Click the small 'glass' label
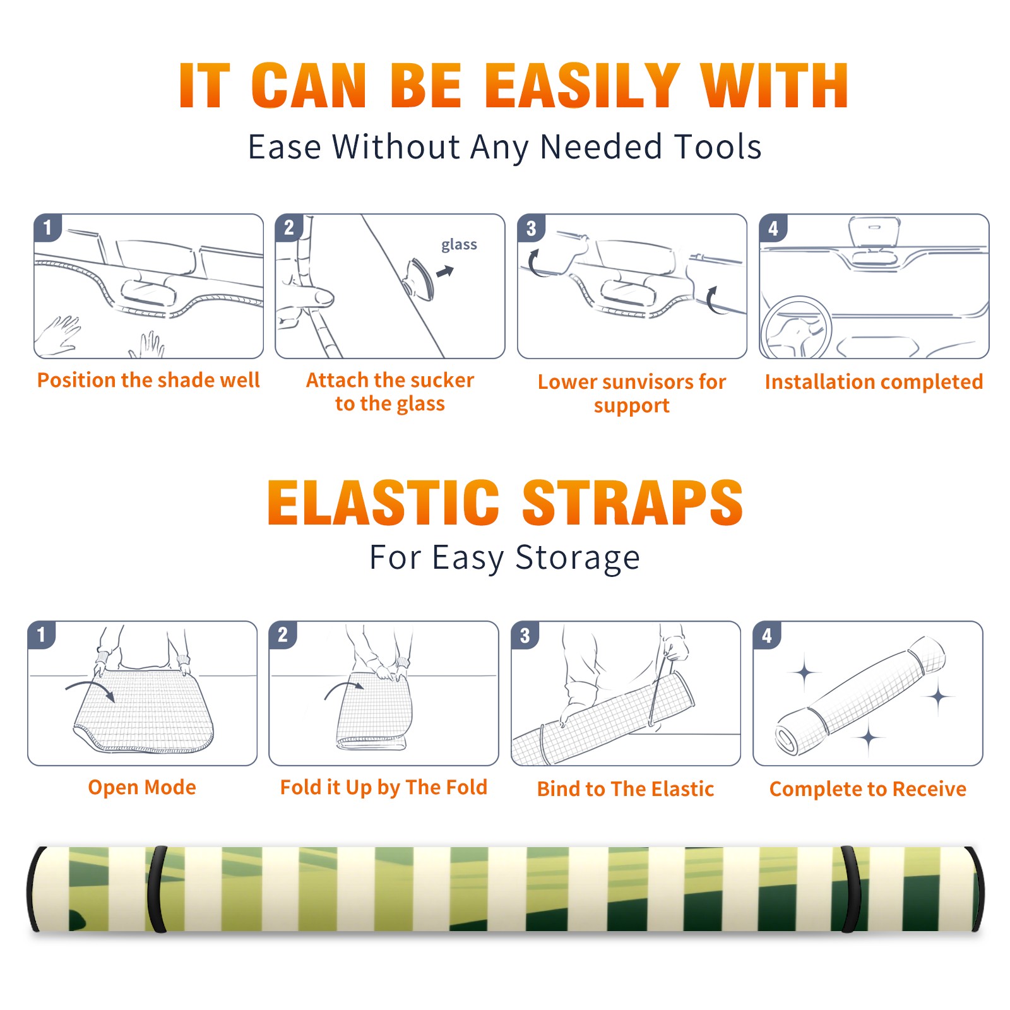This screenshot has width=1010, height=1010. click(x=459, y=244)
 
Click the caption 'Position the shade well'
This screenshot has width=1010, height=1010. click(x=148, y=380)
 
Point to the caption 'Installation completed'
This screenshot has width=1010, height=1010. click(x=874, y=382)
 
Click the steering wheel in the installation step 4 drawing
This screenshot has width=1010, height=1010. click(x=795, y=328)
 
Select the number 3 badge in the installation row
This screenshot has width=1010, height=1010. click(x=531, y=228)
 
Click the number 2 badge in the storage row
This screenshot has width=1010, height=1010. click(x=283, y=634)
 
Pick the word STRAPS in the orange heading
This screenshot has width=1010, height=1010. click(x=633, y=502)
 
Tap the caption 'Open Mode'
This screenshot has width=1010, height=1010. click(x=142, y=787)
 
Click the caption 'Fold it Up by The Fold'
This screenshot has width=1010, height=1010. click(x=384, y=787)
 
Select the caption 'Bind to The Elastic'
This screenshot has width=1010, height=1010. click(x=626, y=789)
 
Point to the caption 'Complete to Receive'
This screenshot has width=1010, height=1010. click(x=868, y=789)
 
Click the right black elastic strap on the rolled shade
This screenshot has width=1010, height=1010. click(x=850, y=889)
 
